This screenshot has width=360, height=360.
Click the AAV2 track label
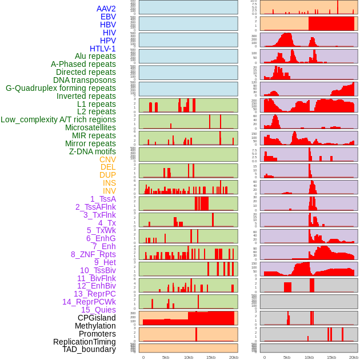(106, 9)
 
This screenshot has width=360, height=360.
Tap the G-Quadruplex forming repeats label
(61, 88)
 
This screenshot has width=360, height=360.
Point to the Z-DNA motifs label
(92, 151)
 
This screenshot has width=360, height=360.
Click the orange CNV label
(107, 159)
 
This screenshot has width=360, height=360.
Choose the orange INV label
(109, 191)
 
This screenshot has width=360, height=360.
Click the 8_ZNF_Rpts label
(93, 254)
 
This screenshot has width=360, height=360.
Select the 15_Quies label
(98, 310)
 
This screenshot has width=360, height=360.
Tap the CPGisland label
(97, 318)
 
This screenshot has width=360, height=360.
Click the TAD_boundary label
(89, 349)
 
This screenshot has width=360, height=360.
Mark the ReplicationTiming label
(84, 342)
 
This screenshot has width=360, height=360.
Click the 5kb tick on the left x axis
(166, 357)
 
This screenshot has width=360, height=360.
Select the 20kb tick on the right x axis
(354, 357)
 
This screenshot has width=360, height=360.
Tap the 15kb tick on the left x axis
(211, 357)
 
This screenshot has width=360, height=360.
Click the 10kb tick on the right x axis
(309, 357)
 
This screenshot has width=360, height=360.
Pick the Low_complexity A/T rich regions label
(58, 119)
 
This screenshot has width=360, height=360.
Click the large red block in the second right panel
(331, 23)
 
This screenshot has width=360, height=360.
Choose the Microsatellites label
(90, 127)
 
